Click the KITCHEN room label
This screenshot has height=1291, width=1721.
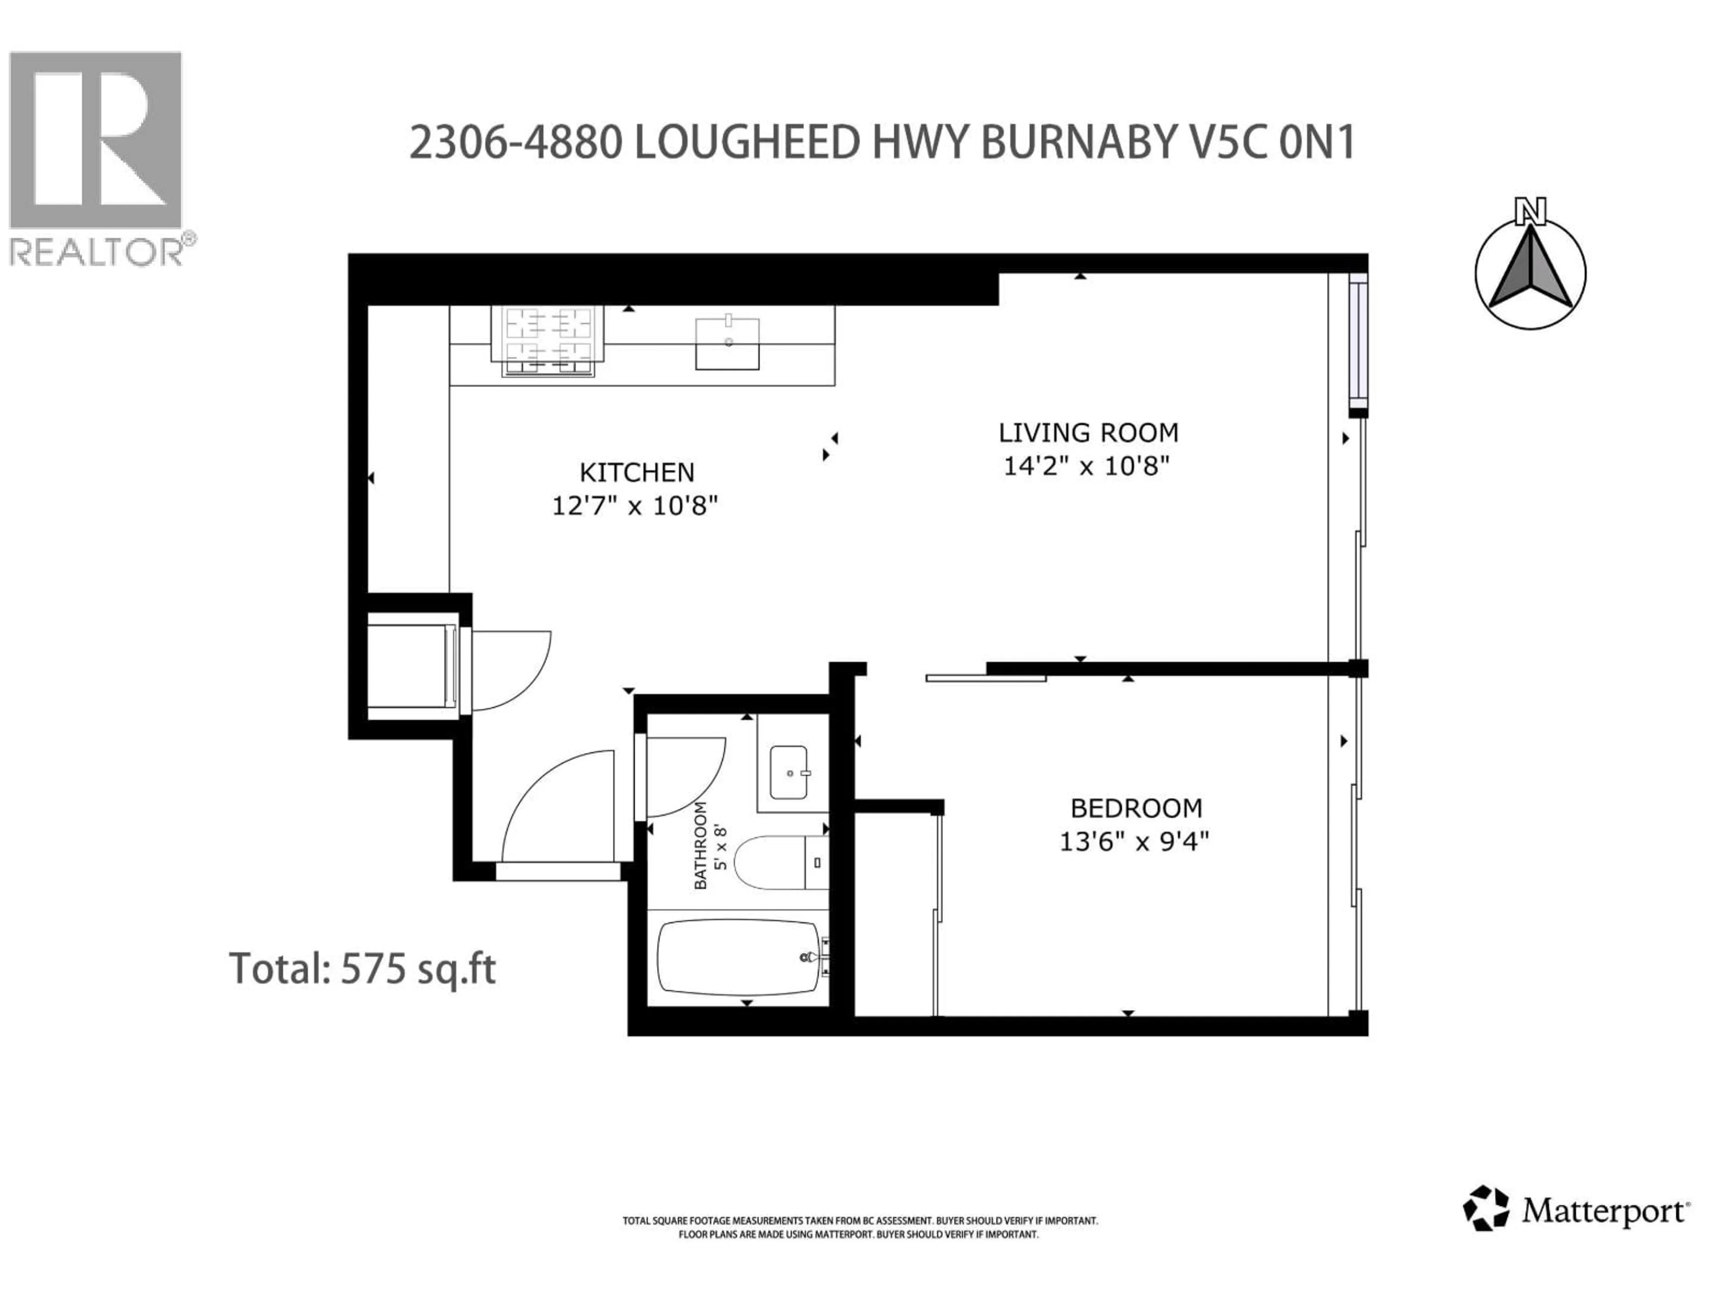click(636, 472)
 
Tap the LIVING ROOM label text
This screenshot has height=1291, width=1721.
click(1088, 433)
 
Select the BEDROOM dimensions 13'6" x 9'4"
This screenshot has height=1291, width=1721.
click(1134, 841)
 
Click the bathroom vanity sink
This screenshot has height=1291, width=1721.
click(789, 773)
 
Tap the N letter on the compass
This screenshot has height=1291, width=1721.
click(1530, 211)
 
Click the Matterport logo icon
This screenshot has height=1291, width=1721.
click(1486, 1230)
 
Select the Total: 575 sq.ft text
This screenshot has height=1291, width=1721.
click(362, 969)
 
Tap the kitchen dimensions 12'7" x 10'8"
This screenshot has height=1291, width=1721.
click(634, 507)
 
